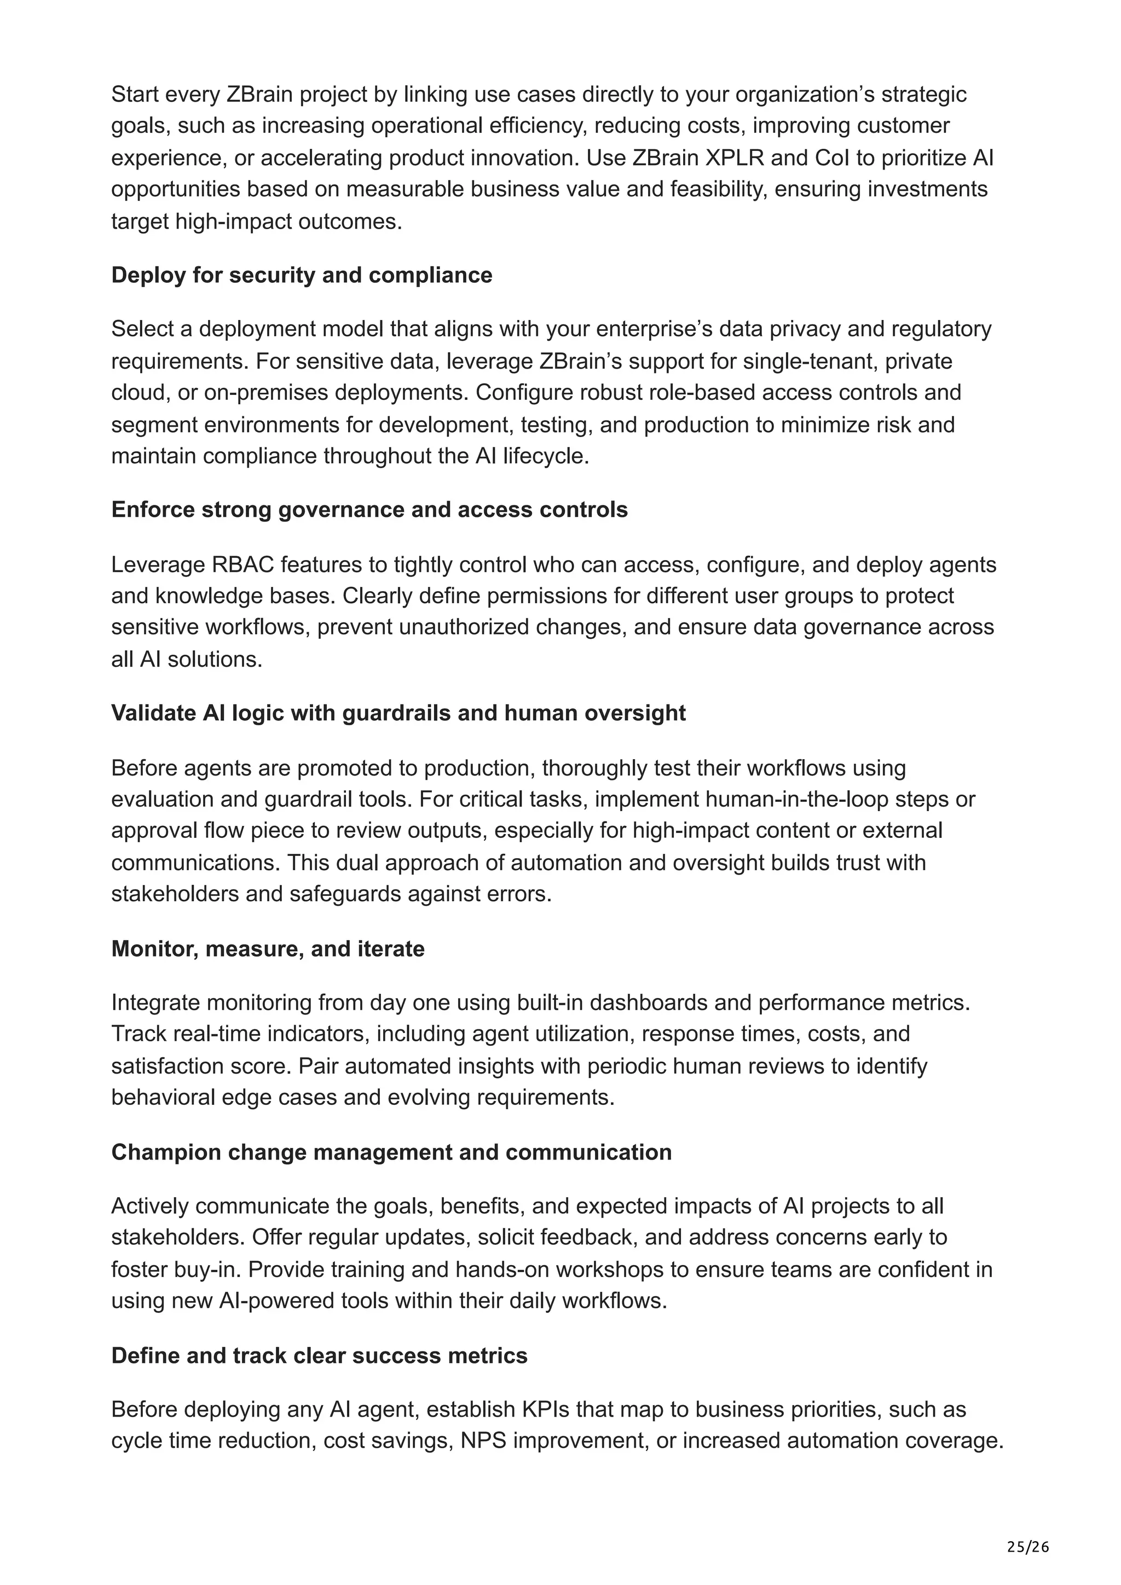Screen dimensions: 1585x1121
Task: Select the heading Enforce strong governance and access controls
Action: tap(369, 510)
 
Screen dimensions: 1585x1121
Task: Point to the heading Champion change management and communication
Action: tap(391, 1152)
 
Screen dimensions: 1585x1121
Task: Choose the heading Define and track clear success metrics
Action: tap(319, 1356)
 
